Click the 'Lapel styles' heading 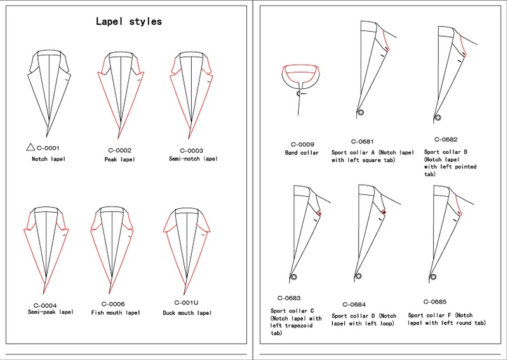129,22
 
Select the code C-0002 120,150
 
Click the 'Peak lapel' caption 120,159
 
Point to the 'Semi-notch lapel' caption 194,159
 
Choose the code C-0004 45,305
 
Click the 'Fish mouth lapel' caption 116,312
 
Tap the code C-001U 186,303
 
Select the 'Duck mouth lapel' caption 187,313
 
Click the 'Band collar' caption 302,152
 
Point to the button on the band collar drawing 298,93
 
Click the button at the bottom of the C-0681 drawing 361,112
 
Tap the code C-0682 446,140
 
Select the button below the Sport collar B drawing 438,117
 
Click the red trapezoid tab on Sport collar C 319,213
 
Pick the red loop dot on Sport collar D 384,212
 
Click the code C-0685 435,302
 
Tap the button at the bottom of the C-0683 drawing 294,277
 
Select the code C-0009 302,145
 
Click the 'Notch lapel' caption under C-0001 49,159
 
